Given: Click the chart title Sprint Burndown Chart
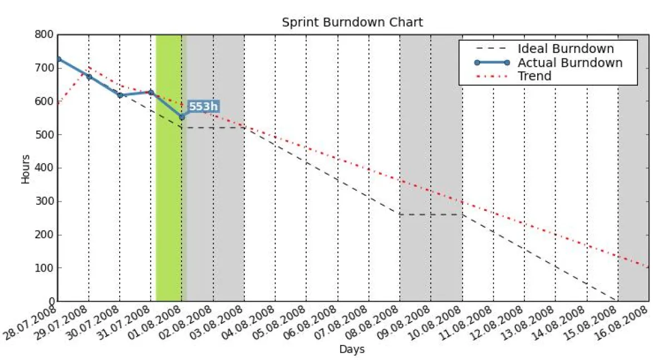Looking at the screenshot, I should pos(352,22).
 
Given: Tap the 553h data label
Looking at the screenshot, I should pos(203,106).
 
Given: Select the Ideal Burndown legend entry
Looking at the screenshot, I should pos(565,49).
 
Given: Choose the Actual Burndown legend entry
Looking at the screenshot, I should pos(569,62).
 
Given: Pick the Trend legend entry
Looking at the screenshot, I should pos(534,76).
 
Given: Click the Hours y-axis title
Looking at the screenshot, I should pos(26,169).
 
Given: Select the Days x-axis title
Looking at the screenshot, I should pos(352,349).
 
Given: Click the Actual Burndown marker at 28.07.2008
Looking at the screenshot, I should pos(58,59).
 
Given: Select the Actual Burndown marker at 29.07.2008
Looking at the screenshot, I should pos(89,76).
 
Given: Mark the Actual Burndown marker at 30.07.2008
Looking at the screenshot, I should pos(120,95).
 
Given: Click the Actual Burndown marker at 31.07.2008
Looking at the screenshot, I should pos(151,92).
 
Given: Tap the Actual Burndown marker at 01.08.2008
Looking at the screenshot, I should pos(181,117).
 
